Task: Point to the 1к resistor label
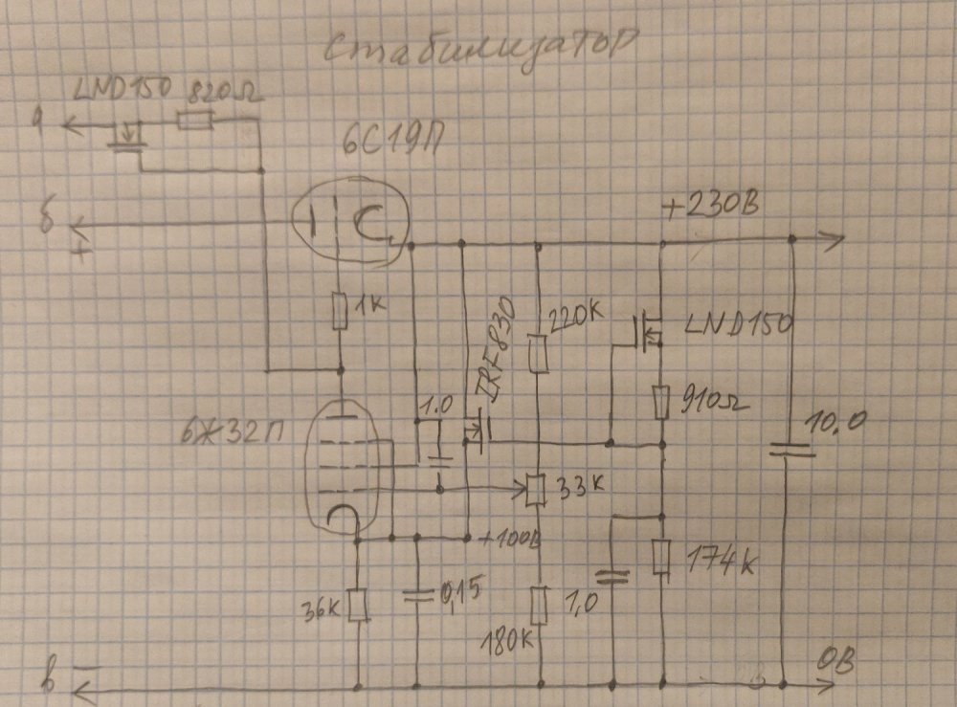[368, 306]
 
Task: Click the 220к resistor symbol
[538, 353]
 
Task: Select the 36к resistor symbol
[358, 604]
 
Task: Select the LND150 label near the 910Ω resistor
[738, 326]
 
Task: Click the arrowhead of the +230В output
[835, 239]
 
